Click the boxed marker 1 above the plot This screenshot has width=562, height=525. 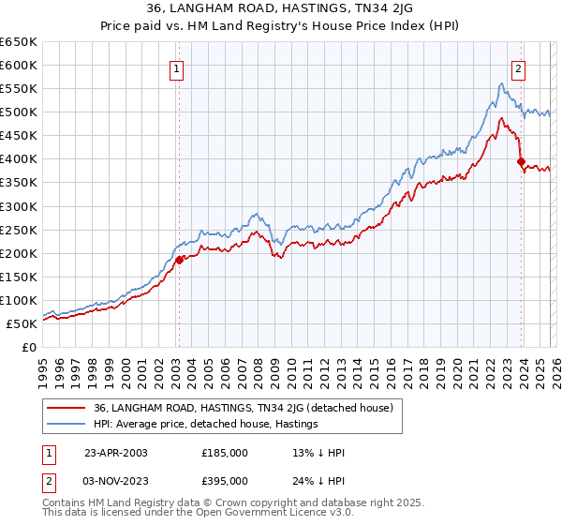coord(177,67)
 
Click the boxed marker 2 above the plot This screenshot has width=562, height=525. coord(519,67)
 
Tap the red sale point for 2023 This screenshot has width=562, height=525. coord(521,161)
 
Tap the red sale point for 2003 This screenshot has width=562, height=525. coord(179,260)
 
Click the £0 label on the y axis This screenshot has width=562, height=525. coord(30,347)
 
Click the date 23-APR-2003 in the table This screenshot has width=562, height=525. coord(115,452)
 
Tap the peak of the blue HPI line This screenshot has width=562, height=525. coord(502,83)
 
